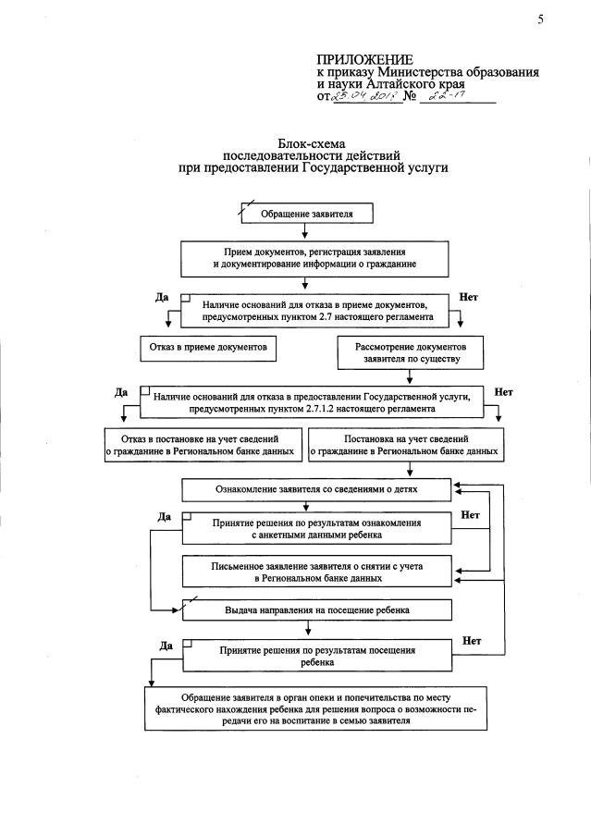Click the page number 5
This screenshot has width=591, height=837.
pyautogui.click(x=541, y=19)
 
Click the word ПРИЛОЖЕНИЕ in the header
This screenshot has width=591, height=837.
pyautogui.click(x=364, y=60)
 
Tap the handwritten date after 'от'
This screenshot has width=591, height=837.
pyautogui.click(x=366, y=96)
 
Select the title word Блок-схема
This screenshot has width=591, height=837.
pyautogui.click(x=312, y=143)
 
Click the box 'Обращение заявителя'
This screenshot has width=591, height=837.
pyautogui.click(x=307, y=214)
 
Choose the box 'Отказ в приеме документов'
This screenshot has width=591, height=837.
pyautogui.click(x=208, y=348)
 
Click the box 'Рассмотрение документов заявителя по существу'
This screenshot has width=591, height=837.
pyautogui.click(x=411, y=352)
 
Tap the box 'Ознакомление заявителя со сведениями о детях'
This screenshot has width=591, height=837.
pyautogui.click(x=316, y=489)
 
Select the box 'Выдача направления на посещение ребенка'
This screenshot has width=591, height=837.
pyautogui.click(x=317, y=610)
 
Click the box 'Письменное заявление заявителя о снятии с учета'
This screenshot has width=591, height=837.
pyautogui.click(x=317, y=572)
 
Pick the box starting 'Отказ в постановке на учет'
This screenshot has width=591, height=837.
pyautogui.click(x=203, y=445)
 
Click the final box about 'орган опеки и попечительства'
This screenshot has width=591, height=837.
pyautogui.click(x=316, y=708)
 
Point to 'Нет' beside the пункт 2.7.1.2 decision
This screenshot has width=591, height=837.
pyautogui.click(x=503, y=392)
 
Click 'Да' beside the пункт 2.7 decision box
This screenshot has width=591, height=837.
pyautogui.click(x=162, y=297)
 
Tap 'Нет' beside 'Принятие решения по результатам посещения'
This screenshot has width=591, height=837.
pyautogui.click(x=472, y=641)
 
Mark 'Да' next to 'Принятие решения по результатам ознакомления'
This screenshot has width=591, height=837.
pyautogui.click(x=164, y=517)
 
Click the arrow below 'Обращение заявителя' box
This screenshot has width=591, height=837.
pyautogui.click(x=305, y=230)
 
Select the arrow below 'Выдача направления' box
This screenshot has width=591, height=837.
pyautogui.click(x=308, y=628)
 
